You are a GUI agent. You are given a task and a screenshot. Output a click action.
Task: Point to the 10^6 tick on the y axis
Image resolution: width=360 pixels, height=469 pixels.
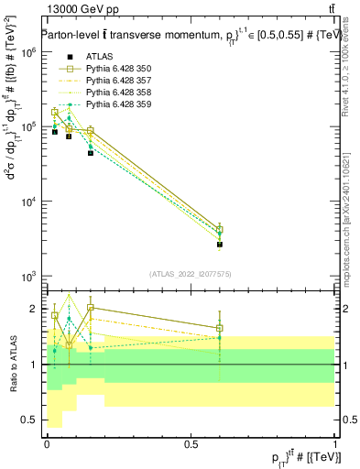(x=30, y=52)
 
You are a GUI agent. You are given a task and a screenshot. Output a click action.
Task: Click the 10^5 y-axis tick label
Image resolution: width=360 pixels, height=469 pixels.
(x=30, y=126)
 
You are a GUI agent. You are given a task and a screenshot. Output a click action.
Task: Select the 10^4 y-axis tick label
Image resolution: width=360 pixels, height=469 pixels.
(x=30, y=202)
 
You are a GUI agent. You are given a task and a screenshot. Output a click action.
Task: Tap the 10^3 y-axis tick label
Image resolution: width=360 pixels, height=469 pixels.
(x=30, y=276)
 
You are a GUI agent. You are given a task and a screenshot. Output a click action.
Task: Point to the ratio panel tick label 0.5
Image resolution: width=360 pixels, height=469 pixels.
(x=29, y=420)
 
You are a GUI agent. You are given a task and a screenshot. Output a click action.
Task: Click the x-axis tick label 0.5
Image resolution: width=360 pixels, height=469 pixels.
(x=190, y=443)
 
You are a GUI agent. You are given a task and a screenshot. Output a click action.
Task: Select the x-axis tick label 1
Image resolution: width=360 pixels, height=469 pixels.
(x=335, y=443)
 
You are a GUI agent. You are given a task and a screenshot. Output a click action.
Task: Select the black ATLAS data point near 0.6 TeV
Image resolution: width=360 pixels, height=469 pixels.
(x=220, y=245)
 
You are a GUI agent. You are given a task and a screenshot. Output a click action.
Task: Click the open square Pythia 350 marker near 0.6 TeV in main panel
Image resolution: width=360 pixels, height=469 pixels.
(x=220, y=229)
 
